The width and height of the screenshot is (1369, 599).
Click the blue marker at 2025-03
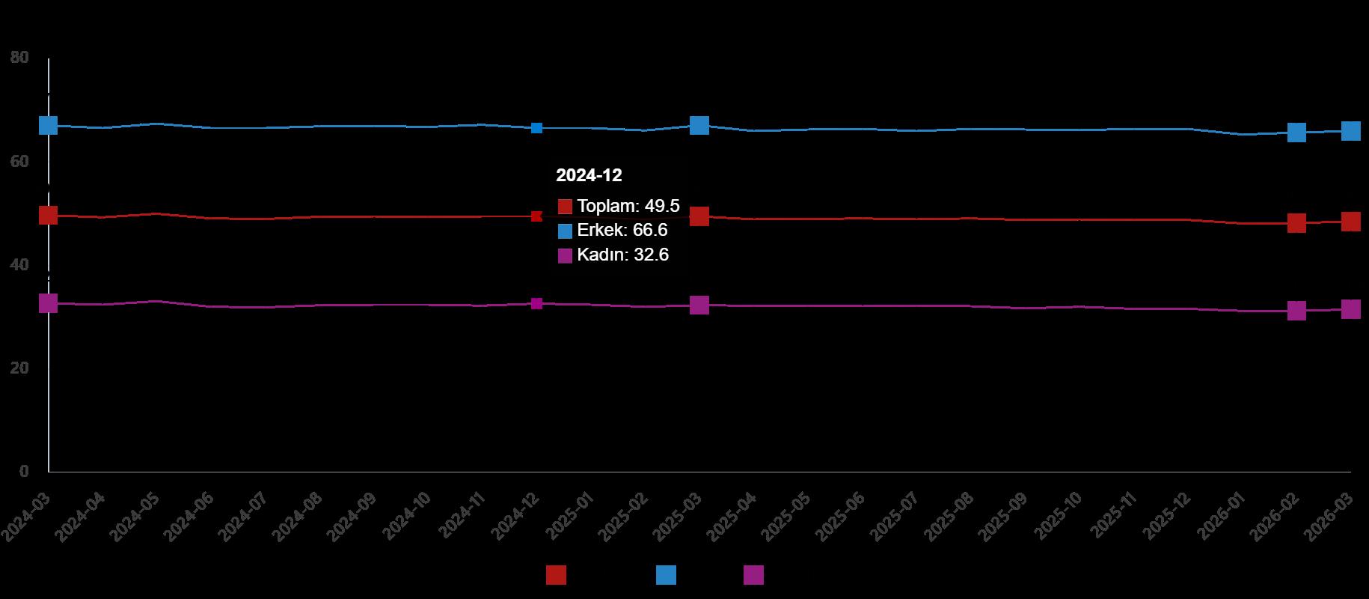699,125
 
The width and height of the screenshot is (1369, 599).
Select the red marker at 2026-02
1296,223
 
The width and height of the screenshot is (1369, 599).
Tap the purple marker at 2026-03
1350,309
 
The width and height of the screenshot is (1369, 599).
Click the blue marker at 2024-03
48,125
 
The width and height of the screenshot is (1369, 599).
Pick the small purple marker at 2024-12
536,303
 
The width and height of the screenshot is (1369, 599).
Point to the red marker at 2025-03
699,216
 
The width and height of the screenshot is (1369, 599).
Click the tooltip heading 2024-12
589,175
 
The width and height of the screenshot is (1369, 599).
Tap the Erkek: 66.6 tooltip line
613,230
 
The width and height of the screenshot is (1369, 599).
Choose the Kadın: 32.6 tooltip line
613,255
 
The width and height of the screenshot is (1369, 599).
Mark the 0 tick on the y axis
24,472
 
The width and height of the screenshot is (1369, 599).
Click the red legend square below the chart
556,575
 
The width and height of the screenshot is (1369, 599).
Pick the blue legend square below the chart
666,575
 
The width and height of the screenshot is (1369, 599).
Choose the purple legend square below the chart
753,575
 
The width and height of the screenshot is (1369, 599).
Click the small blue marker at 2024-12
536,128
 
